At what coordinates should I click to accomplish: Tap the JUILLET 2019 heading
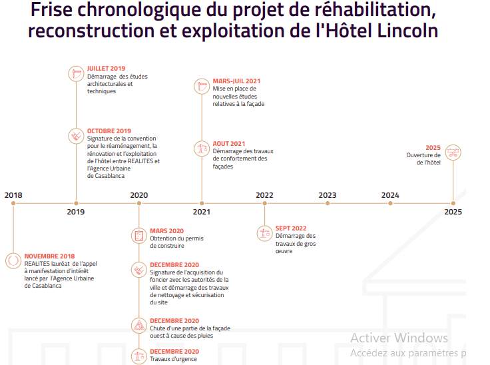(106, 69)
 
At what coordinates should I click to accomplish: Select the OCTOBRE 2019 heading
(109, 131)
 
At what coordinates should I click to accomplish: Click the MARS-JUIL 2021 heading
(236, 81)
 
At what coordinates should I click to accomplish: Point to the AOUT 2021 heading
(228, 143)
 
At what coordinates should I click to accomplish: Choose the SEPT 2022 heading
(291, 228)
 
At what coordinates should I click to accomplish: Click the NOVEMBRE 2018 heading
(49, 256)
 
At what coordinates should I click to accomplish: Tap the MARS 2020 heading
(166, 230)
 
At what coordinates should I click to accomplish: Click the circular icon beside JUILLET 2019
(77, 73)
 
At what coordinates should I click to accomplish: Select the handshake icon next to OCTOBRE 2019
(77, 136)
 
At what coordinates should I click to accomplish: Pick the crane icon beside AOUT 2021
(202, 149)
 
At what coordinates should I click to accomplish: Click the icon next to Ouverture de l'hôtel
(453, 153)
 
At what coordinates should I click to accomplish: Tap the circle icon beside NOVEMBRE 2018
(13, 260)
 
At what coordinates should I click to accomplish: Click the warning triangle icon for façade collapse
(139, 325)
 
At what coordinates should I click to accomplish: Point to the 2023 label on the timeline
(327, 195)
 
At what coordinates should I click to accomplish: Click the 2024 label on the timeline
(390, 195)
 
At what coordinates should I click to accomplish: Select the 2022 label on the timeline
(264, 195)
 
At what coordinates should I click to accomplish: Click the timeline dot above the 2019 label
(76, 202)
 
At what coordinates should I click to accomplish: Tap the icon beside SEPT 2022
(264, 233)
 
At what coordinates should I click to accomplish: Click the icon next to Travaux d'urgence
(139, 356)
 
